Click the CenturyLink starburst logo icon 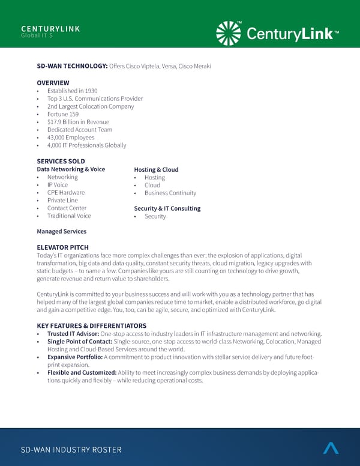pos(228,33)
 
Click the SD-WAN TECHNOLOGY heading pos(72,66)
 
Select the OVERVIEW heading pos(53,83)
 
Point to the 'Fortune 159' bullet pos(63,114)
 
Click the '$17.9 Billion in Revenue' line pos(78,122)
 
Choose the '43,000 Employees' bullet pos(71,138)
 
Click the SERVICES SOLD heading pos(61,162)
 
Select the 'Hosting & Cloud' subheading pos(156,170)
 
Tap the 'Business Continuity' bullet pos(170,193)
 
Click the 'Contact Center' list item pos(67,208)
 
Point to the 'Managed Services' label pos(61,231)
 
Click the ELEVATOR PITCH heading pos(62,247)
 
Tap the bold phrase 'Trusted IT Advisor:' pos(73,334)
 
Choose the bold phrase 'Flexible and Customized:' pos(82,373)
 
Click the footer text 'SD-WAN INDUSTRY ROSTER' pos(71,450)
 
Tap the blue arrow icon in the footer pos(331,448)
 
